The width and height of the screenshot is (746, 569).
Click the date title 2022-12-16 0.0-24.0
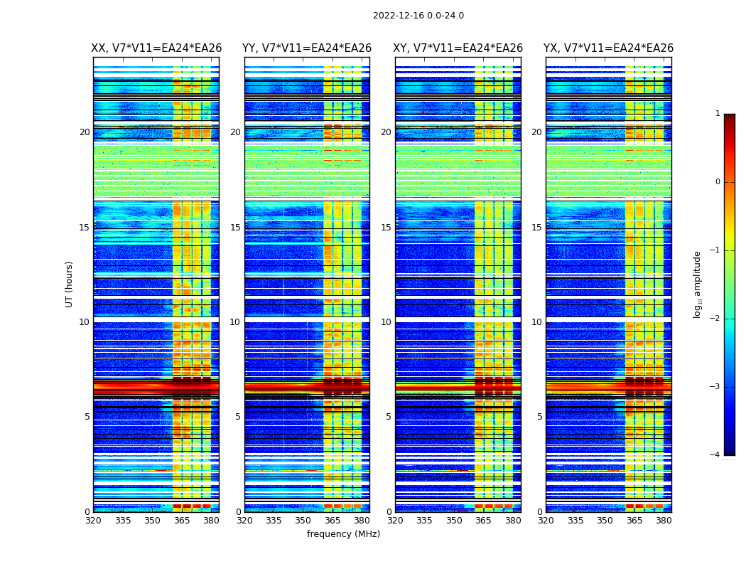click(418, 16)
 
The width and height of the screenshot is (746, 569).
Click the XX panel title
click(156, 48)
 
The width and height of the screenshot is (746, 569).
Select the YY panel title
click(307, 48)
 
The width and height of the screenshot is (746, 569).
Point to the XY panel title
click(458, 48)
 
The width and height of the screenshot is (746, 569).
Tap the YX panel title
click(608, 48)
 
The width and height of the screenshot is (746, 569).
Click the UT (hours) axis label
click(70, 284)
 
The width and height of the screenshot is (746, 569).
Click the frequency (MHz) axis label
click(343, 534)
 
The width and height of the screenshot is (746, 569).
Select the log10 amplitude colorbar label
click(698, 284)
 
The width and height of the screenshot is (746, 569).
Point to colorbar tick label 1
click(717, 114)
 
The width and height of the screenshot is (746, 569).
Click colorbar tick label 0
click(717, 182)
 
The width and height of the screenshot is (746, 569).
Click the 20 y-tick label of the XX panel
click(85, 132)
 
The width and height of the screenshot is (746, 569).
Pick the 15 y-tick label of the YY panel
click(235, 228)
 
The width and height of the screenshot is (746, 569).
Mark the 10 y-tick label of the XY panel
click(386, 322)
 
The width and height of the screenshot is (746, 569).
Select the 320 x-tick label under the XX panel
click(93, 521)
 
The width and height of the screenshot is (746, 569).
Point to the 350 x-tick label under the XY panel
click(454, 521)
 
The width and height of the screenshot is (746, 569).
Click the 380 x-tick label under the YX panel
click(664, 521)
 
